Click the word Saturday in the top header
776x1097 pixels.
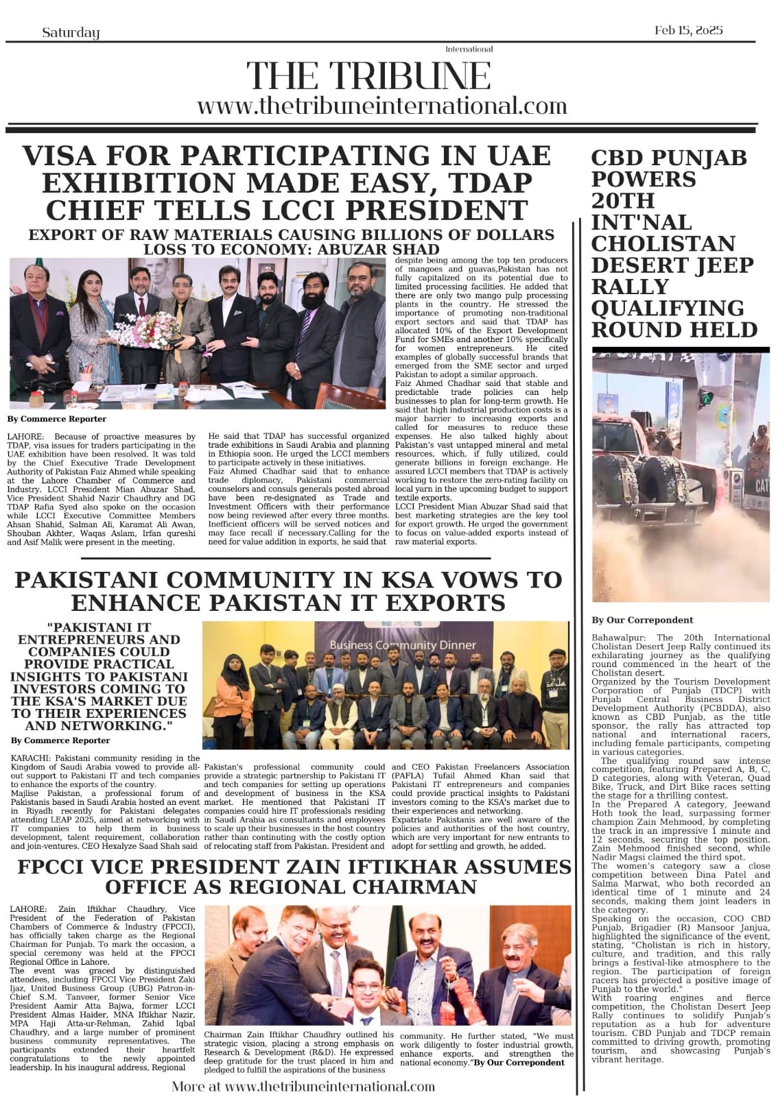(71, 32)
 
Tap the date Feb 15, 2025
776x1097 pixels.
(688, 31)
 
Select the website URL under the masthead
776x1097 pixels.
(382, 106)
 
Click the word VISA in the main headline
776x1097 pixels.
(65, 156)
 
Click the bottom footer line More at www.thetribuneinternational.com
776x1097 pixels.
(303, 1086)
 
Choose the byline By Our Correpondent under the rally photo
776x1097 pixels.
(642, 620)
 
